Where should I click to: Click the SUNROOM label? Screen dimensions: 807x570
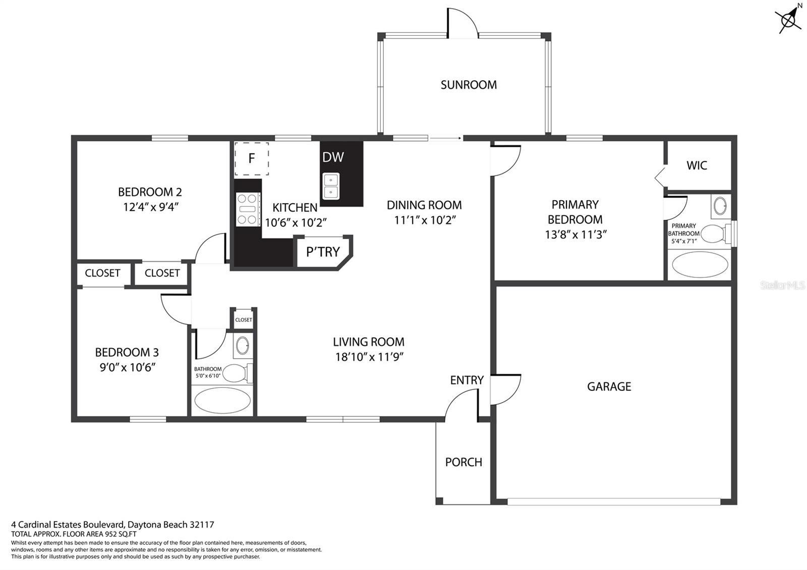469,85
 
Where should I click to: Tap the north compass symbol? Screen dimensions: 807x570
789,18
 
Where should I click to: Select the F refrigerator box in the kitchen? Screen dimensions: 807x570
252,158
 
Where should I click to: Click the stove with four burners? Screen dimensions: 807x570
248,209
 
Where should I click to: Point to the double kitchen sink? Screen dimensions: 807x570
331,186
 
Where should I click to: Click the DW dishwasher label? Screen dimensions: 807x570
333,157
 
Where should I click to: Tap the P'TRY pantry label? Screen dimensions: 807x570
323,252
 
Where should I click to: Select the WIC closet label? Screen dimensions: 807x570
697,165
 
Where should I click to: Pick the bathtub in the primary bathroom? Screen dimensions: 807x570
700,264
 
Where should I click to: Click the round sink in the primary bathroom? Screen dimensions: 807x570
720,206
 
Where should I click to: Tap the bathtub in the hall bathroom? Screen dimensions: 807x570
222,401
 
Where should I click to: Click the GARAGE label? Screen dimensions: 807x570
609,386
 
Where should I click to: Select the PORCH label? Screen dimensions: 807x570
464,462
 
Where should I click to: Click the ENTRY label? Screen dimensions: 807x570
467,380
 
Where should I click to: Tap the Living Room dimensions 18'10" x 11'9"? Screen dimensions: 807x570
369,357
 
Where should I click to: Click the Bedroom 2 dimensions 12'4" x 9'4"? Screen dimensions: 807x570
151,207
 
